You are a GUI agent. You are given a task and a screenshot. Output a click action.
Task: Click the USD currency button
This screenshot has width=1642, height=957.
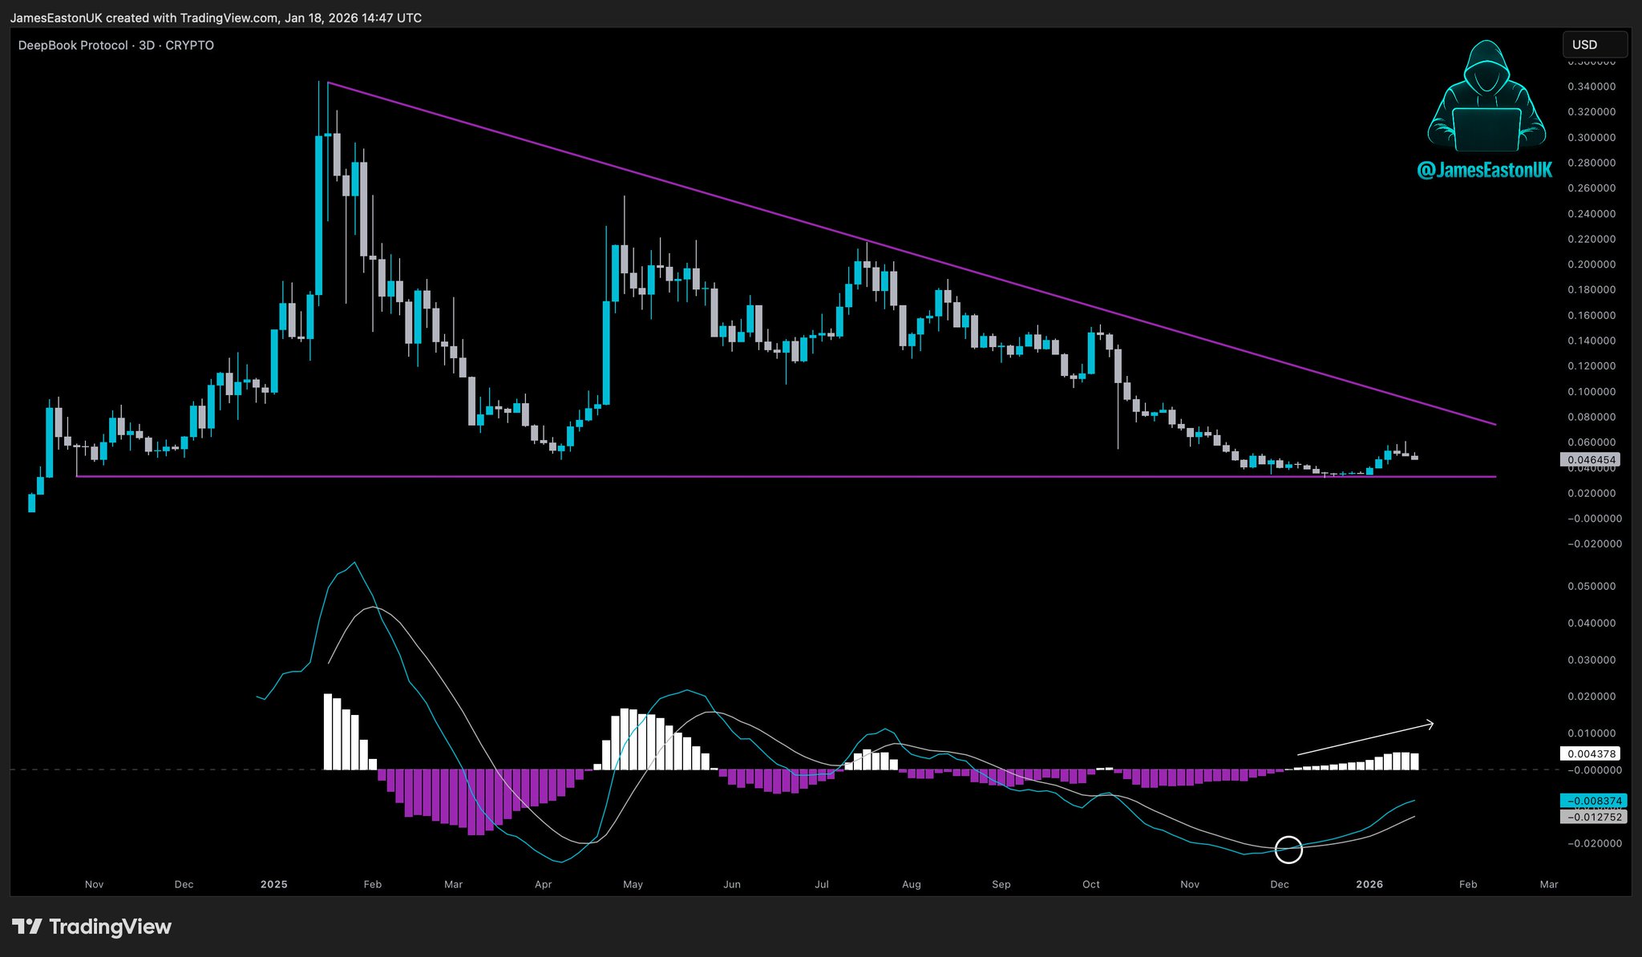point(1594,45)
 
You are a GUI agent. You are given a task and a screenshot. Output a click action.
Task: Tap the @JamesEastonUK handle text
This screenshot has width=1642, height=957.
point(1484,170)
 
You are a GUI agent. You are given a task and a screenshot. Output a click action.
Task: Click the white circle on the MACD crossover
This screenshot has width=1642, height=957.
point(1288,849)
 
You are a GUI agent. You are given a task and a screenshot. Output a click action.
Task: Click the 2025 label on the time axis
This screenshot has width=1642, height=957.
point(273,884)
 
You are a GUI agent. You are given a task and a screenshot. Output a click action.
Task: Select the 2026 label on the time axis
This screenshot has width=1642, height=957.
point(1369,884)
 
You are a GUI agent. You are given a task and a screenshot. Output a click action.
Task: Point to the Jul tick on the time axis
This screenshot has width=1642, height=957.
point(821,884)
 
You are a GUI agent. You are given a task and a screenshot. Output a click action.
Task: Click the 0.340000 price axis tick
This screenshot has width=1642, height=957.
point(1591,87)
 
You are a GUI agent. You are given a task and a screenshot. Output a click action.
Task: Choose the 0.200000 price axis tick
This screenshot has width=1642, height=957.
point(1591,264)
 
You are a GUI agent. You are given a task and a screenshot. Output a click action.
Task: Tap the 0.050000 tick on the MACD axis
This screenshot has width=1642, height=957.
point(1591,586)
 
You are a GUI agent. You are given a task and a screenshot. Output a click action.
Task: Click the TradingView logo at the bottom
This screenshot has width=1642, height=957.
point(92,927)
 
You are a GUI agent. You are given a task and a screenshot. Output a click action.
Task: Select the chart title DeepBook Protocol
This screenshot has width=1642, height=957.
point(73,46)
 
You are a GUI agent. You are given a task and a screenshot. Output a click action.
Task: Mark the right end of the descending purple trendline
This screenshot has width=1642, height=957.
point(1495,424)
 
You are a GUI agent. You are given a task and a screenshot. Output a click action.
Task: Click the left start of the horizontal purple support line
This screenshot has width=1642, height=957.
point(77,477)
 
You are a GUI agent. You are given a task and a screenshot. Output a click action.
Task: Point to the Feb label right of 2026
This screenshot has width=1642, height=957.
point(1467,884)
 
